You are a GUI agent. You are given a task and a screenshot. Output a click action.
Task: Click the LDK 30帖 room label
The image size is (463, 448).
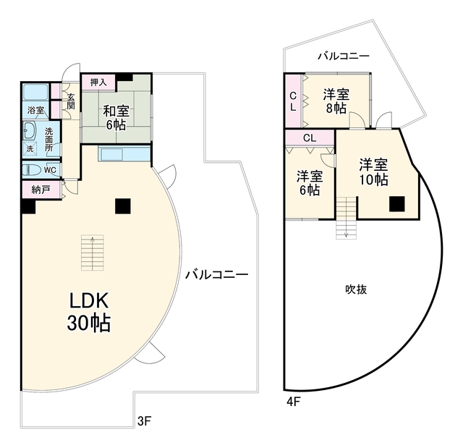(89, 312)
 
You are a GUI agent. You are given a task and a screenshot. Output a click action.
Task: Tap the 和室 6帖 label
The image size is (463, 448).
(116, 118)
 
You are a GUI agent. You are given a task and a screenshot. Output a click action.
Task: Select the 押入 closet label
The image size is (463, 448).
(98, 83)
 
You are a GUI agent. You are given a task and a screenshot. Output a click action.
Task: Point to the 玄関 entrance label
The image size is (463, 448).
(71, 101)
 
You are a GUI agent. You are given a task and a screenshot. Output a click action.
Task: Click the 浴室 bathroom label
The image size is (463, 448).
(35, 111)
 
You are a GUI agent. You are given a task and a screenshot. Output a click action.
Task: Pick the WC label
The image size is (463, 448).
(50, 170)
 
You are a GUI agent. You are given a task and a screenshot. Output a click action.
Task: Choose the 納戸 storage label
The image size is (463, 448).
(41, 190)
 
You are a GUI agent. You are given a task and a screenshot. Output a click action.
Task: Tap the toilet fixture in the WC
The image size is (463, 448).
(32, 170)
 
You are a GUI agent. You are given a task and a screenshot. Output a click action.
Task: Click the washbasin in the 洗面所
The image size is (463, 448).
(30, 130)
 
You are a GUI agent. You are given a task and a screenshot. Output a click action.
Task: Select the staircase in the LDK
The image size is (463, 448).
(93, 253)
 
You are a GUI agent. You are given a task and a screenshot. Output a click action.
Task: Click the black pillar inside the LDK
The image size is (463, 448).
(123, 206)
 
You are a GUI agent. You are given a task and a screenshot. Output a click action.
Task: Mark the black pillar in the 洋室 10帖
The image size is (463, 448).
(397, 204)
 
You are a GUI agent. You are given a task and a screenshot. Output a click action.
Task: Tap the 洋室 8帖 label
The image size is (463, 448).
(336, 101)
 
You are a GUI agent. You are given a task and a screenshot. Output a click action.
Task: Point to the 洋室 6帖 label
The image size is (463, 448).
(310, 183)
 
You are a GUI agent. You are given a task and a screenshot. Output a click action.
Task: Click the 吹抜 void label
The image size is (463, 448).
(356, 289)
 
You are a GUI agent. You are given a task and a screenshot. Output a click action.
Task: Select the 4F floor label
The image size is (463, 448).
(294, 402)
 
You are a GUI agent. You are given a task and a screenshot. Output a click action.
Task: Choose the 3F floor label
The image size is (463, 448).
(145, 421)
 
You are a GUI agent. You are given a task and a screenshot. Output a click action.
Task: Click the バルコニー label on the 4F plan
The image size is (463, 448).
(344, 56)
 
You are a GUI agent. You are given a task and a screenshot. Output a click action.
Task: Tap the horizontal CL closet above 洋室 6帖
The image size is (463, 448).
(310, 138)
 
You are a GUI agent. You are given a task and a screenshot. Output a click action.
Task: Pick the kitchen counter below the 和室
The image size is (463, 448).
(124, 153)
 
